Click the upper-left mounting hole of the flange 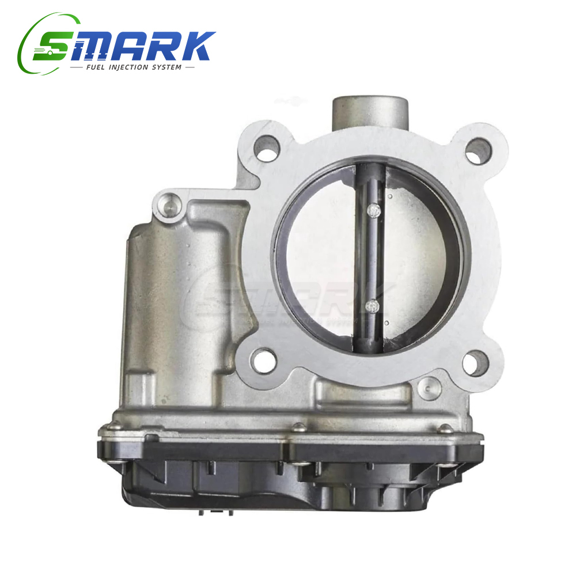click(267, 148)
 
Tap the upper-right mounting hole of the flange click(479, 150)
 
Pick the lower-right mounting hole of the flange click(475, 363)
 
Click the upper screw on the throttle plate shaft click(374, 210)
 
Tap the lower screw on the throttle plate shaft click(373, 306)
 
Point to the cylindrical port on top click(370, 112)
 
